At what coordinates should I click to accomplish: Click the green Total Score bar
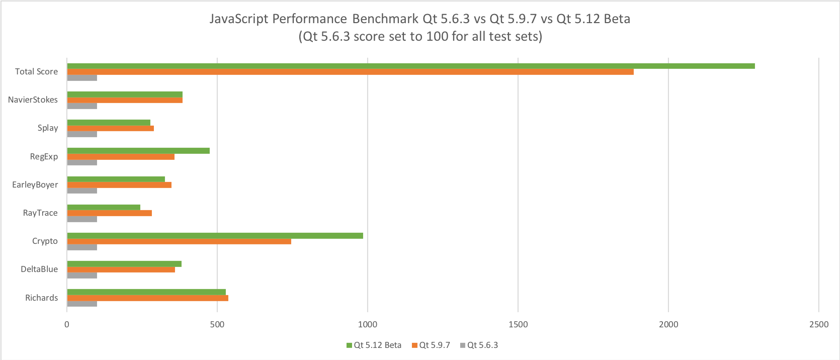coord(410,66)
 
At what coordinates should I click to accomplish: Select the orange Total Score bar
coord(350,72)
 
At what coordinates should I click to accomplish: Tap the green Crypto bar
coord(215,235)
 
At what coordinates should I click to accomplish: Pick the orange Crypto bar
coord(179,241)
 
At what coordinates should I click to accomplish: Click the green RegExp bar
coord(138,150)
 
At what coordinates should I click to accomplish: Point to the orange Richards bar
coord(147,298)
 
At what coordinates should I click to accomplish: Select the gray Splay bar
coord(82,134)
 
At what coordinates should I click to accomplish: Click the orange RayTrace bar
coord(109,213)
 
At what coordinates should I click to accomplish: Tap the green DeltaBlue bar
coord(124,264)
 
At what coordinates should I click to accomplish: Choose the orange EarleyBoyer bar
coord(119,185)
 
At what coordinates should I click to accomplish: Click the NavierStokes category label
coord(33,100)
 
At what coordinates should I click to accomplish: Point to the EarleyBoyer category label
coord(35,185)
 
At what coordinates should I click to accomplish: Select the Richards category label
coord(41,298)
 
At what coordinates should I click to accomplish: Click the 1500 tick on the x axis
coord(518,324)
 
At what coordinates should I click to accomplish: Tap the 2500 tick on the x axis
coord(819,324)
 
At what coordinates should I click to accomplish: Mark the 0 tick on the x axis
coord(67,324)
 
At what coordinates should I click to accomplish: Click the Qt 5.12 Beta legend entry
coord(374,345)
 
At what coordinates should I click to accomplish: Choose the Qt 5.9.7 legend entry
coord(431,345)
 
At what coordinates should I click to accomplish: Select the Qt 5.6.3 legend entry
coord(479,345)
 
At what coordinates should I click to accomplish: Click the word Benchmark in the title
coord(385,19)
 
